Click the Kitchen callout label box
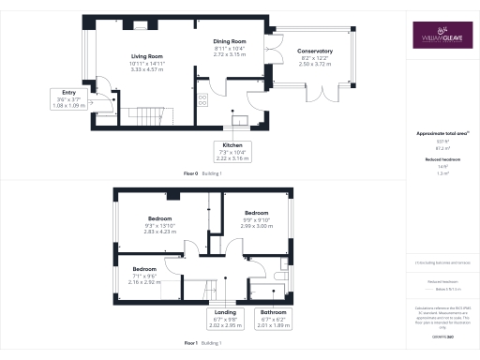tap(233, 152)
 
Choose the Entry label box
tap(66, 98)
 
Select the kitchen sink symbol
tap(241, 119)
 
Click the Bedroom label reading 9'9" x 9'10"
tap(258, 219)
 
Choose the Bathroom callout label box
tap(274, 318)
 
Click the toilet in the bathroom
tap(282, 278)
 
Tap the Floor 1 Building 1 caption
tap(205, 344)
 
